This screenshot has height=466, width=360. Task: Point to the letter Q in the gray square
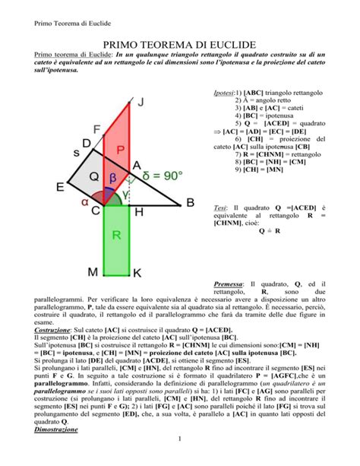click(x=93, y=176)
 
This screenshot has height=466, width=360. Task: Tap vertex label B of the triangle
click(x=190, y=202)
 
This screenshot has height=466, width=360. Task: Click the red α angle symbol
click(x=85, y=202)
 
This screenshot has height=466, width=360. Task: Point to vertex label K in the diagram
click(x=136, y=272)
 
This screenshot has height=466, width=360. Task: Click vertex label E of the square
click(x=60, y=187)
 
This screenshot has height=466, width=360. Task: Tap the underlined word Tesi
click(x=220, y=208)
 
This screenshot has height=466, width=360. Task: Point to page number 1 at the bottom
click(x=179, y=458)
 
